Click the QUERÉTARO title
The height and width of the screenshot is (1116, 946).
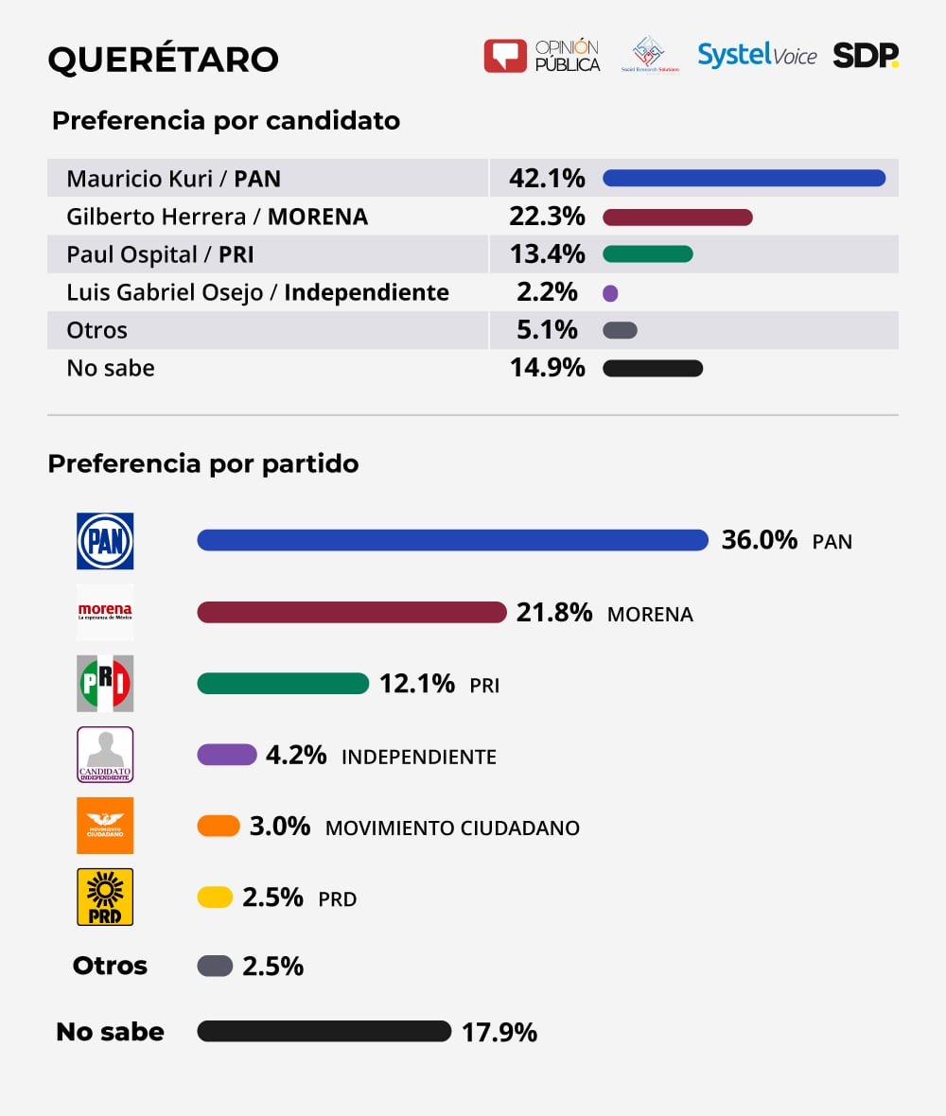163,60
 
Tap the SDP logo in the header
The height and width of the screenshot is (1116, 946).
865,56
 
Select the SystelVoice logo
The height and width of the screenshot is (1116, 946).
757,56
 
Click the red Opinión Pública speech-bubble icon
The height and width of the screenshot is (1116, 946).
504,56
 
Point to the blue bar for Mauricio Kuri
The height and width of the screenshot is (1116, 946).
744,178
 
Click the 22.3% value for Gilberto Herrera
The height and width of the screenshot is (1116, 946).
547,217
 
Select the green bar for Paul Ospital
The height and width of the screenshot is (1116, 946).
647,254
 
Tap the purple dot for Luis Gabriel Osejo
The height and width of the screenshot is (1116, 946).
610,293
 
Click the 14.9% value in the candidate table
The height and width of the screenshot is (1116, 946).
547,368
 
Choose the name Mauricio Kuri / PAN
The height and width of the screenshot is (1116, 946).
173,179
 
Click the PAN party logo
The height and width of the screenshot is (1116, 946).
105,541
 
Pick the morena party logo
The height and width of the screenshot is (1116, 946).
105,612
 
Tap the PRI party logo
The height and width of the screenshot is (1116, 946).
105,683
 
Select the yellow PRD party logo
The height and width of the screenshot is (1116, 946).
105,897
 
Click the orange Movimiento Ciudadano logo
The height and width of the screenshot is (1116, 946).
105,826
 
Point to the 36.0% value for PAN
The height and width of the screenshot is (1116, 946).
760,540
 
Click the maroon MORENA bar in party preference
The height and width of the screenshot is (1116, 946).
352,613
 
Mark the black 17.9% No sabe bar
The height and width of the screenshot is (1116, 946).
324,1031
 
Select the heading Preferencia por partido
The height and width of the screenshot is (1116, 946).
203,464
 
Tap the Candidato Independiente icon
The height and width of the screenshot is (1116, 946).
105,755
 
